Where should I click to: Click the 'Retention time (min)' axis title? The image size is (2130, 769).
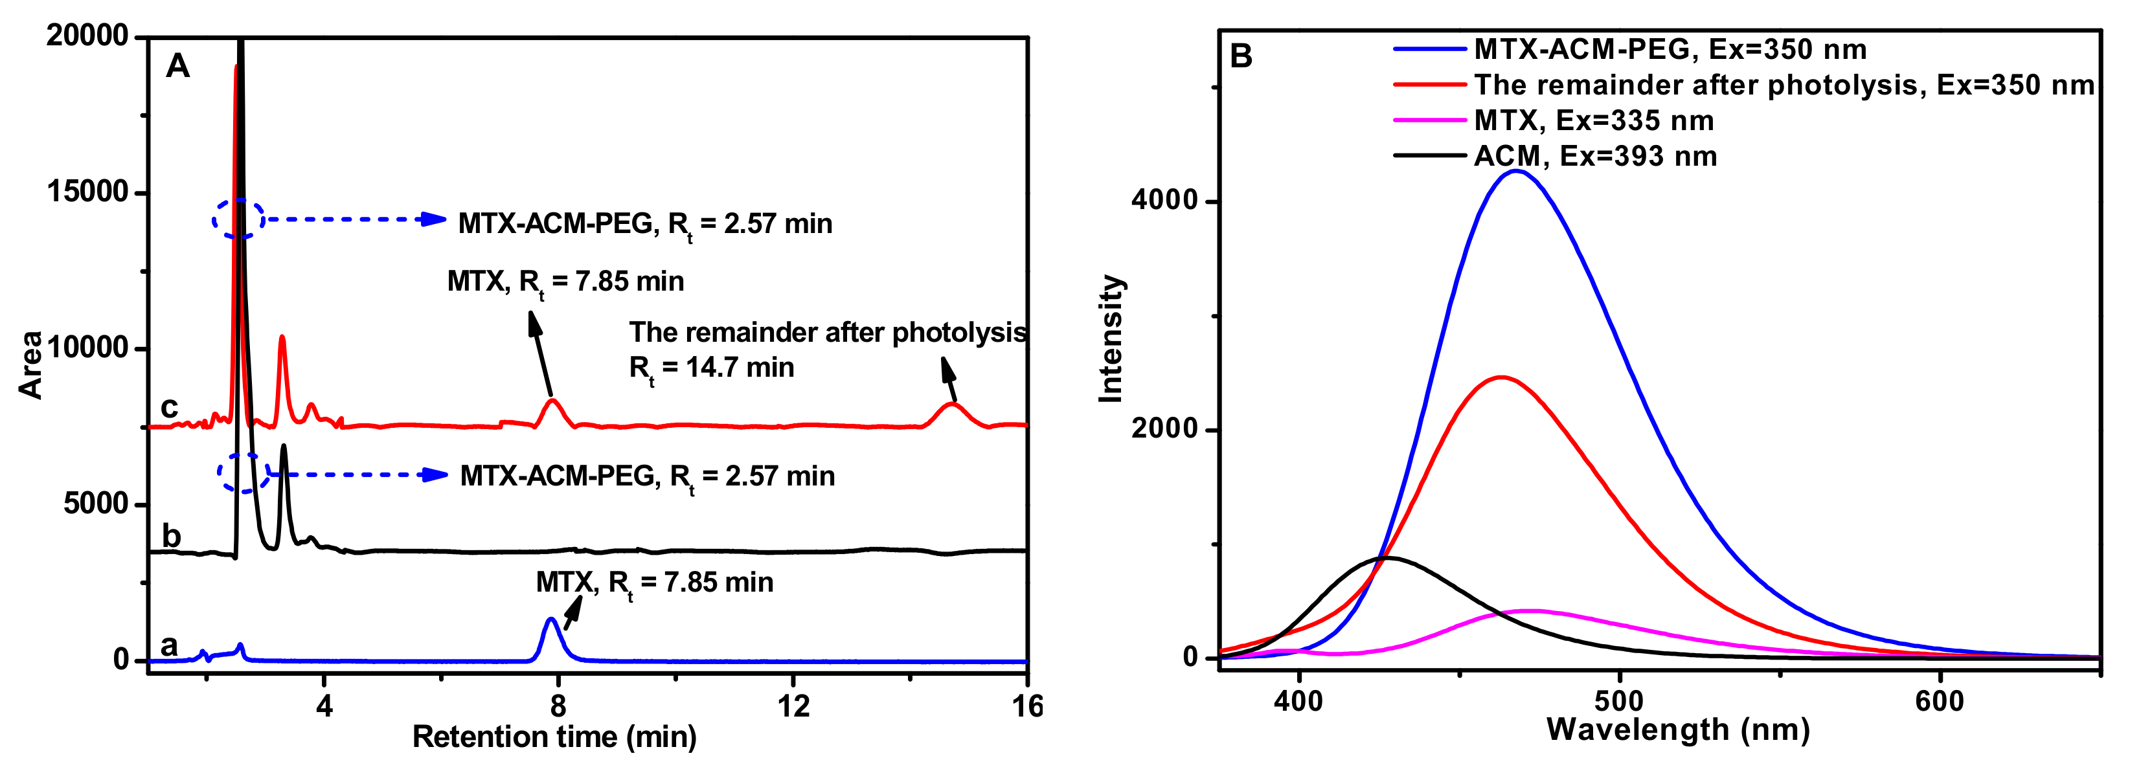point(554,737)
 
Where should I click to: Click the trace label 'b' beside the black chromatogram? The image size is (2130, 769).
point(170,536)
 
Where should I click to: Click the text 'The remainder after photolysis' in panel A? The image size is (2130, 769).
point(828,333)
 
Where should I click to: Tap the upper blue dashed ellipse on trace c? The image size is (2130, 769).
point(238,219)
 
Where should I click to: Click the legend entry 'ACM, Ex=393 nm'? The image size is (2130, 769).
point(1594,156)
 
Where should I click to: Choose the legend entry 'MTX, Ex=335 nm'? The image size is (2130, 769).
point(1592,121)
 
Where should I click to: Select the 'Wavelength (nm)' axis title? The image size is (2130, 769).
point(1678,730)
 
